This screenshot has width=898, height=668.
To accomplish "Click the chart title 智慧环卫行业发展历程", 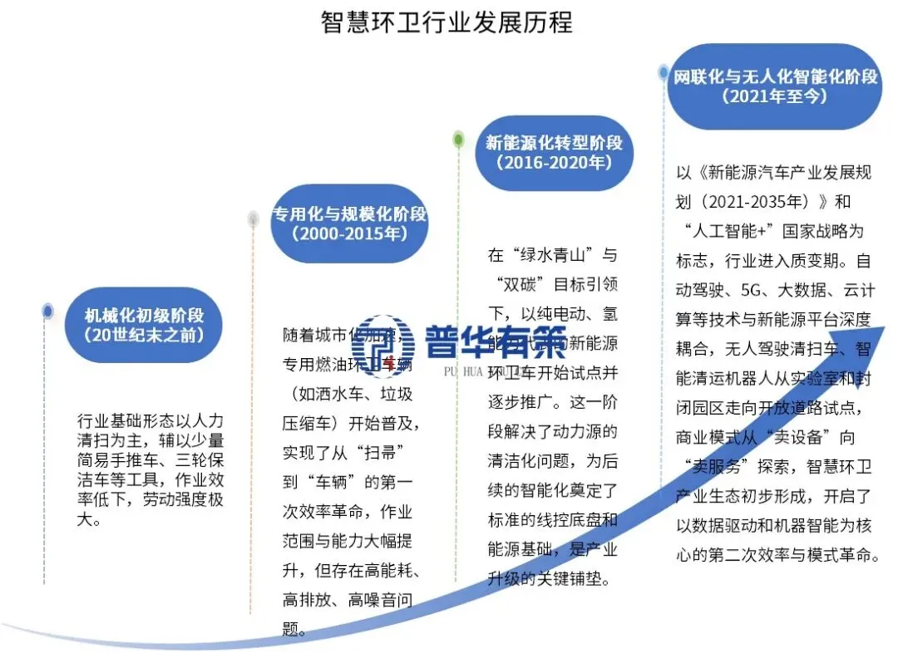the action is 447,22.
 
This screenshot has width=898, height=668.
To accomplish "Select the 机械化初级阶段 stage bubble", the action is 144,325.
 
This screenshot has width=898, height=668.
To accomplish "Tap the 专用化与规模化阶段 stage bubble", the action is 349,223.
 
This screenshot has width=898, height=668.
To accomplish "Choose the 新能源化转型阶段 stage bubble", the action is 554,152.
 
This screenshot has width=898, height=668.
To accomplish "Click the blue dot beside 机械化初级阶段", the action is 48,311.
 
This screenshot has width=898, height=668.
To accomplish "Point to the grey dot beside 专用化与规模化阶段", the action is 254,219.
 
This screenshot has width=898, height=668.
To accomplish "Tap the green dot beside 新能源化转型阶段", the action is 458,140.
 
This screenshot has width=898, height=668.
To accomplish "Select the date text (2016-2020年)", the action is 554,163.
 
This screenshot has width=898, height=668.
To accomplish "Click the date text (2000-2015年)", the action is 349,234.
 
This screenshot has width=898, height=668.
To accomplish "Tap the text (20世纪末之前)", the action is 144,336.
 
